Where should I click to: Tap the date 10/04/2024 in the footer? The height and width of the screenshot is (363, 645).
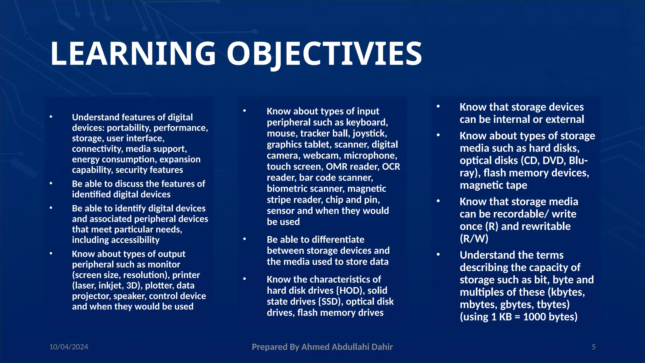coord(69,347)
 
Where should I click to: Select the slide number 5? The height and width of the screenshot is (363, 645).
coord(594,347)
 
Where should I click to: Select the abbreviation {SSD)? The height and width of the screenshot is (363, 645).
coord(330,302)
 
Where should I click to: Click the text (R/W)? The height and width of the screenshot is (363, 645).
coord(474,239)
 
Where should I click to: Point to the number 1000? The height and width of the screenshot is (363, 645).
coord(535,317)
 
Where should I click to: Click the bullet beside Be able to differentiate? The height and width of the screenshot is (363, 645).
coord(244,239)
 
